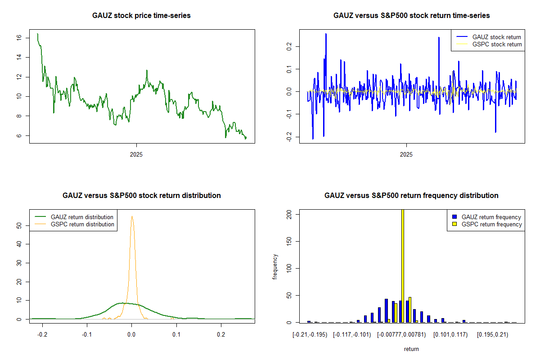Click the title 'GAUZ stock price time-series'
141,16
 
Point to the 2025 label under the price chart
136,154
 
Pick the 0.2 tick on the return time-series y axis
289,46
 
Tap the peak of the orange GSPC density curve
132,216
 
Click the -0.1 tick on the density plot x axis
87,334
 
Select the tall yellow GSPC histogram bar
402,265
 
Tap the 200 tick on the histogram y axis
289,215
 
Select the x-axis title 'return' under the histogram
411,349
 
